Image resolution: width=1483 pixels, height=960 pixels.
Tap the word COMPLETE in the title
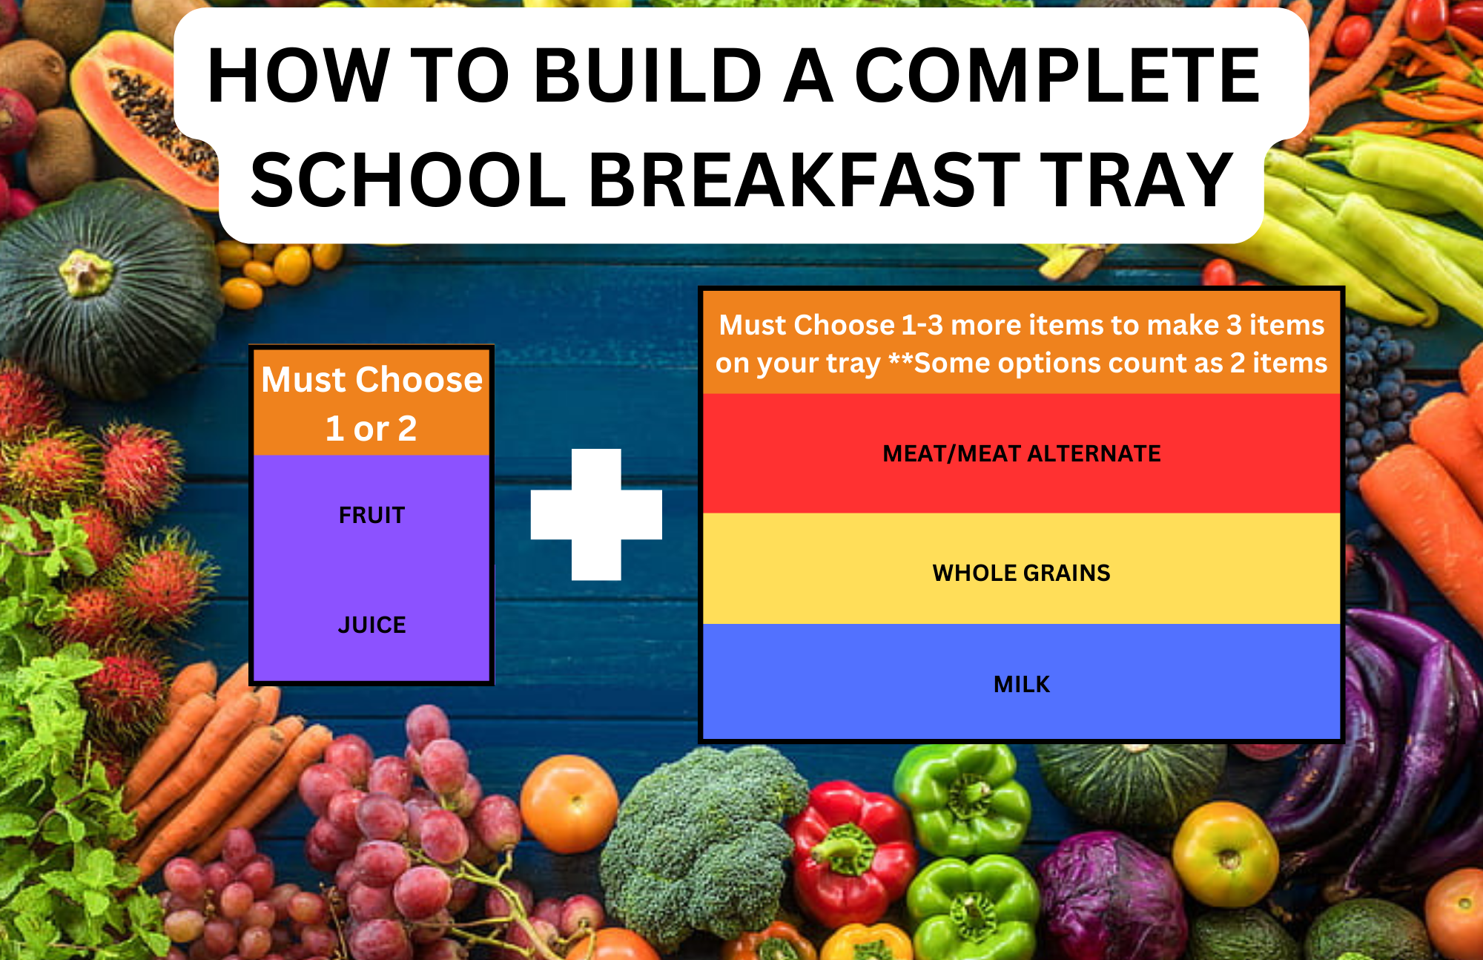pyautogui.click(x=1057, y=75)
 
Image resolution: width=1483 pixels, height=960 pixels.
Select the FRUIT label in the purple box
pyautogui.click(x=371, y=515)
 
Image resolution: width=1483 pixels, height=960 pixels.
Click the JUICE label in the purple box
pyautogui.click(x=371, y=625)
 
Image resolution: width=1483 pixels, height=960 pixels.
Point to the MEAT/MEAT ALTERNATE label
pyautogui.click(x=1022, y=453)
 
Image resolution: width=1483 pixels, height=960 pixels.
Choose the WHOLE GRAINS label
pyautogui.click(x=1022, y=573)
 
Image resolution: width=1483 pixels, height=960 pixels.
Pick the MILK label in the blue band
pyautogui.click(x=1022, y=684)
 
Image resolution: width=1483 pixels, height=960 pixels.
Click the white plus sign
pyautogui.click(x=596, y=514)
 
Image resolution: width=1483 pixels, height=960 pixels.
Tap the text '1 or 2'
pyautogui.click(x=371, y=429)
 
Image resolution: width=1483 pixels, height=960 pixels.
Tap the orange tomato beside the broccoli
pyautogui.click(x=569, y=803)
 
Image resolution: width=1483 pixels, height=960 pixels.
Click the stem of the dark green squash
pyautogui.click(x=85, y=272)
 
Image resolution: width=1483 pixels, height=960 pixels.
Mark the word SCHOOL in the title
pyautogui.click(x=409, y=180)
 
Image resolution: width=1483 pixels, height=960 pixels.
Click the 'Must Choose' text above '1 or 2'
pyautogui.click(x=371, y=380)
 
